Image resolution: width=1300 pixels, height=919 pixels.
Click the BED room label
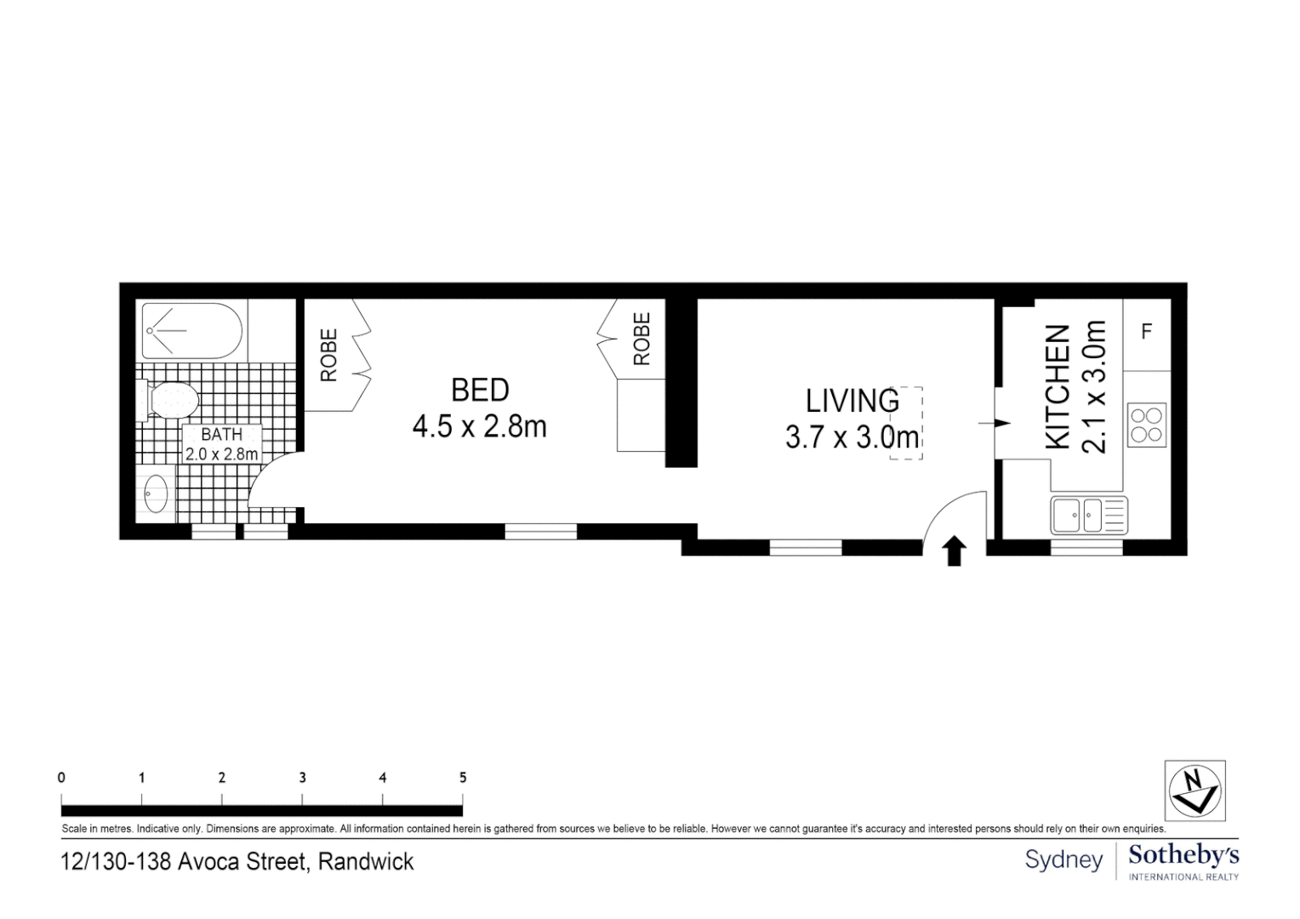[480, 390]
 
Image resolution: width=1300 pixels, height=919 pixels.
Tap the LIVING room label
[852, 400]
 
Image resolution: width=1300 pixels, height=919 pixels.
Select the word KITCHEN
[1057, 386]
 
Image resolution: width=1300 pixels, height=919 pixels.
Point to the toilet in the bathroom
[170, 399]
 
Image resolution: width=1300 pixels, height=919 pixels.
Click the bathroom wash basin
[155, 494]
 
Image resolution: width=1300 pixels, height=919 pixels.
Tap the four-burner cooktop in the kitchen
[1145, 425]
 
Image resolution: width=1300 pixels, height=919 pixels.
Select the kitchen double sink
[1089, 515]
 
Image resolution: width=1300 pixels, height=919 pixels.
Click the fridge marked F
[1146, 332]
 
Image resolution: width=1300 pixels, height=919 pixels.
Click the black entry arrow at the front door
[955, 551]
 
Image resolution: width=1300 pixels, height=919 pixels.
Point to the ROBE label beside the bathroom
[329, 355]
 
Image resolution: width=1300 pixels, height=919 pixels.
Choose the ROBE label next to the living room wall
[641, 339]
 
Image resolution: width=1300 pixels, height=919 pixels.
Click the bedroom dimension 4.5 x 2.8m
[479, 426]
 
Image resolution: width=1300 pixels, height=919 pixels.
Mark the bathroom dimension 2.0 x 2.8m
[221, 454]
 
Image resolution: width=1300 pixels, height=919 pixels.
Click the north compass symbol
[1195, 791]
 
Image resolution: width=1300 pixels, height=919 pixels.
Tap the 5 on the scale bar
[463, 777]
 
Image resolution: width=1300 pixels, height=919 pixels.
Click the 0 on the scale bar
[61, 777]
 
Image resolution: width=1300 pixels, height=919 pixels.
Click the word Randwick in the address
[366, 862]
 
